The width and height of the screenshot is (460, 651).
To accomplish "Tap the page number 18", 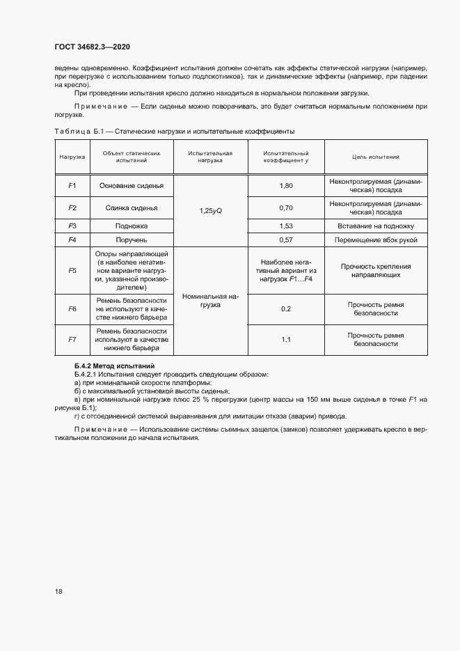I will tap(58, 591).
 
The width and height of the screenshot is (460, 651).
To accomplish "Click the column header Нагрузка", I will tap(72, 157).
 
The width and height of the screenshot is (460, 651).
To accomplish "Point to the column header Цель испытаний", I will tap(376, 157).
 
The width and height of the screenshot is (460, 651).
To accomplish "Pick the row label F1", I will tap(72, 186).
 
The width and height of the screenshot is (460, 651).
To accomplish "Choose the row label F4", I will tap(72, 240).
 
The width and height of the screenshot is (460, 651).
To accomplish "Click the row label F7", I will tap(72, 339).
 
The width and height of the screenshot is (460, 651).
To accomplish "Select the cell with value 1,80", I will tap(285, 186).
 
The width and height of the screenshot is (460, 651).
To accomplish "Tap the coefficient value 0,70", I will tap(285, 207).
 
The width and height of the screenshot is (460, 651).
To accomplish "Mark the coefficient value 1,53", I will tap(285, 226).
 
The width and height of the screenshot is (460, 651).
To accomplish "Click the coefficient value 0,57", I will tap(285, 240).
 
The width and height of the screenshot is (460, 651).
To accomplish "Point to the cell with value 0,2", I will tap(285, 308).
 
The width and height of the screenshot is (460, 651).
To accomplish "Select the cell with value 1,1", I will tap(285, 339).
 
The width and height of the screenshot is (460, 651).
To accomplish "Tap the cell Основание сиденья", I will tap(131, 186).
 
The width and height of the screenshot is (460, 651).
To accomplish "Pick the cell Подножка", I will tap(131, 226).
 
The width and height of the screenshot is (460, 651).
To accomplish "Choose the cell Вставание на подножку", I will tap(376, 226).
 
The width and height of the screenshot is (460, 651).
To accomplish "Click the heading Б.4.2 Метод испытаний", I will tap(114, 366).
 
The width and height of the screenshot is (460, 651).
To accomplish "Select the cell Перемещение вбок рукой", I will tap(376, 240).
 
